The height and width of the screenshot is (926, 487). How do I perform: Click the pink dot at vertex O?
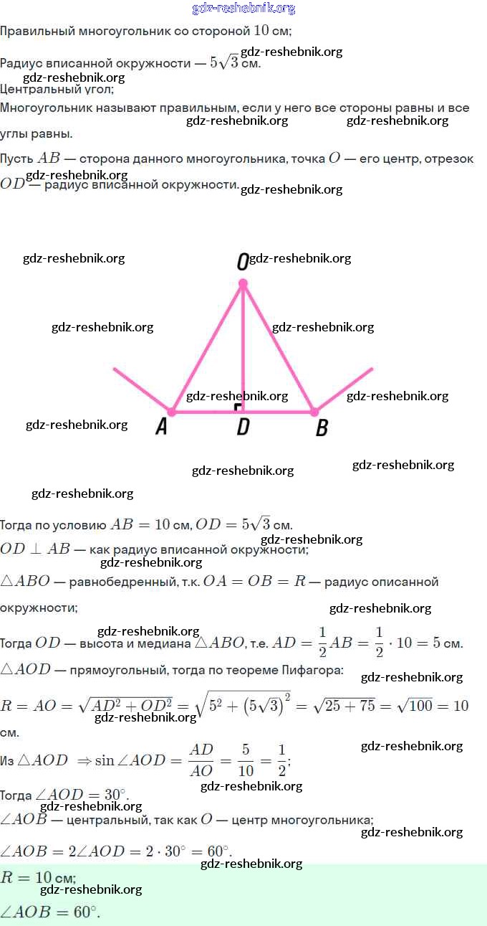pyautogui.click(x=243, y=284)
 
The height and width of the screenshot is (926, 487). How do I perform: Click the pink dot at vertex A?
pyautogui.click(x=171, y=412)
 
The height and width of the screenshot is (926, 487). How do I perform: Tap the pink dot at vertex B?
pyautogui.click(x=314, y=412)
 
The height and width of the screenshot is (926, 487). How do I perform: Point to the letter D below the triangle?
pyautogui.click(x=243, y=427)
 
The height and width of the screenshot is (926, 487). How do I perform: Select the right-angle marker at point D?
pyautogui.click(x=238, y=407)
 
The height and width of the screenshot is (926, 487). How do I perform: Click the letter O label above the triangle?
pyautogui.click(x=242, y=263)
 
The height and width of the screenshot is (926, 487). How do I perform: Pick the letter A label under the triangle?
pyautogui.click(x=162, y=427)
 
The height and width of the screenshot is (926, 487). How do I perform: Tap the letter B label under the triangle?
pyautogui.click(x=322, y=428)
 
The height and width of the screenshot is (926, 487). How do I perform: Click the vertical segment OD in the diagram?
pyautogui.click(x=243, y=344)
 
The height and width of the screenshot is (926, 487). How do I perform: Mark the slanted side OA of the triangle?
pyautogui.click(x=206, y=349)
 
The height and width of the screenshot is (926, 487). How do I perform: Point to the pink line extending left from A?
pyautogui.click(x=141, y=389)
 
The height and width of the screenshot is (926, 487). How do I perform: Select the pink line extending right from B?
pyautogui.click(x=344, y=389)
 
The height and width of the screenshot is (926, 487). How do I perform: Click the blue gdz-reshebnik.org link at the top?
pyautogui.click(x=243, y=9)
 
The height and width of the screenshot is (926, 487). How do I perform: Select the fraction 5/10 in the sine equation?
pyautogui.click(x=246, y=760)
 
